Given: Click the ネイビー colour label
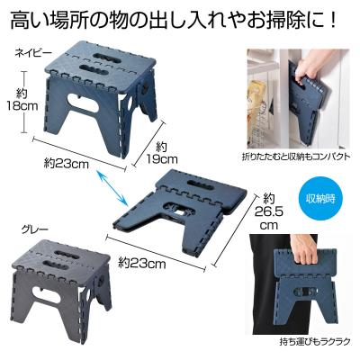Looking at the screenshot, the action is (29, 53).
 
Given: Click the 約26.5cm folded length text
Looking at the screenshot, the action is (268, 211).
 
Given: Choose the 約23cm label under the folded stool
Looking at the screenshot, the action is (142, 263).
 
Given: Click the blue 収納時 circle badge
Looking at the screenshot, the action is (320, 199).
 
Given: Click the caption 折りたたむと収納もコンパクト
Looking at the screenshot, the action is (296, 157).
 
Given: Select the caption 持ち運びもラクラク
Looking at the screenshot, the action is (314, 341).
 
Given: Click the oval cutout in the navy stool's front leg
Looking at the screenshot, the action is (84, 103).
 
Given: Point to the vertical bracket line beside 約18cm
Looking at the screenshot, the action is (24, 102).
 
